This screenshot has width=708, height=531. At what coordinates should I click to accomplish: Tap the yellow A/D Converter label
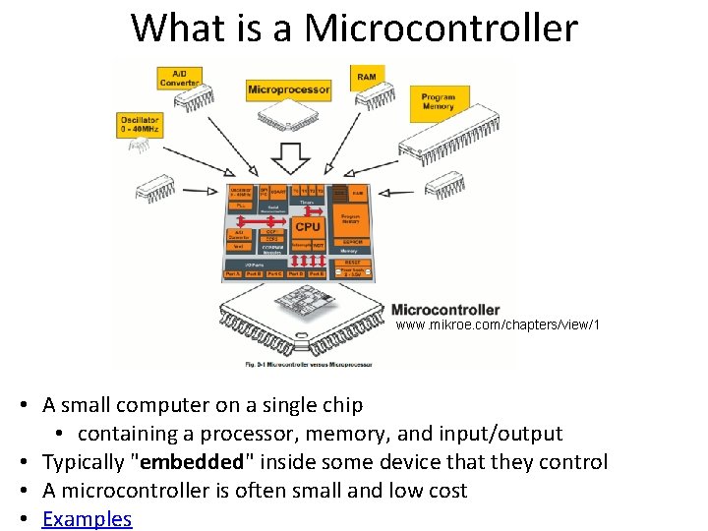tap(181, 78)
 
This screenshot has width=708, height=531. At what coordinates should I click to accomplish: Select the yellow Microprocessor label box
tap(289, 89)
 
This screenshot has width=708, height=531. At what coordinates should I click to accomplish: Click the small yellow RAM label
tap(367, 77)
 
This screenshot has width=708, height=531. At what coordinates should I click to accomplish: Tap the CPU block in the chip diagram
tap(308, 227)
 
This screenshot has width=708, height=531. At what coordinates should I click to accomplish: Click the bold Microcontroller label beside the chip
tap(445, 310)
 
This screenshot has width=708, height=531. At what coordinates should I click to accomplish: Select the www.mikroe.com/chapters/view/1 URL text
tap(498, 325)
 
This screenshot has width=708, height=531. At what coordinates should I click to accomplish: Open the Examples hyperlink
tap(87, 519)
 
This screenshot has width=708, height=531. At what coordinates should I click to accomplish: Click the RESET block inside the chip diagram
tap(351, 263)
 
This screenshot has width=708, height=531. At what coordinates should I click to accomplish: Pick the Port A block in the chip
tap(232, 274)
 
